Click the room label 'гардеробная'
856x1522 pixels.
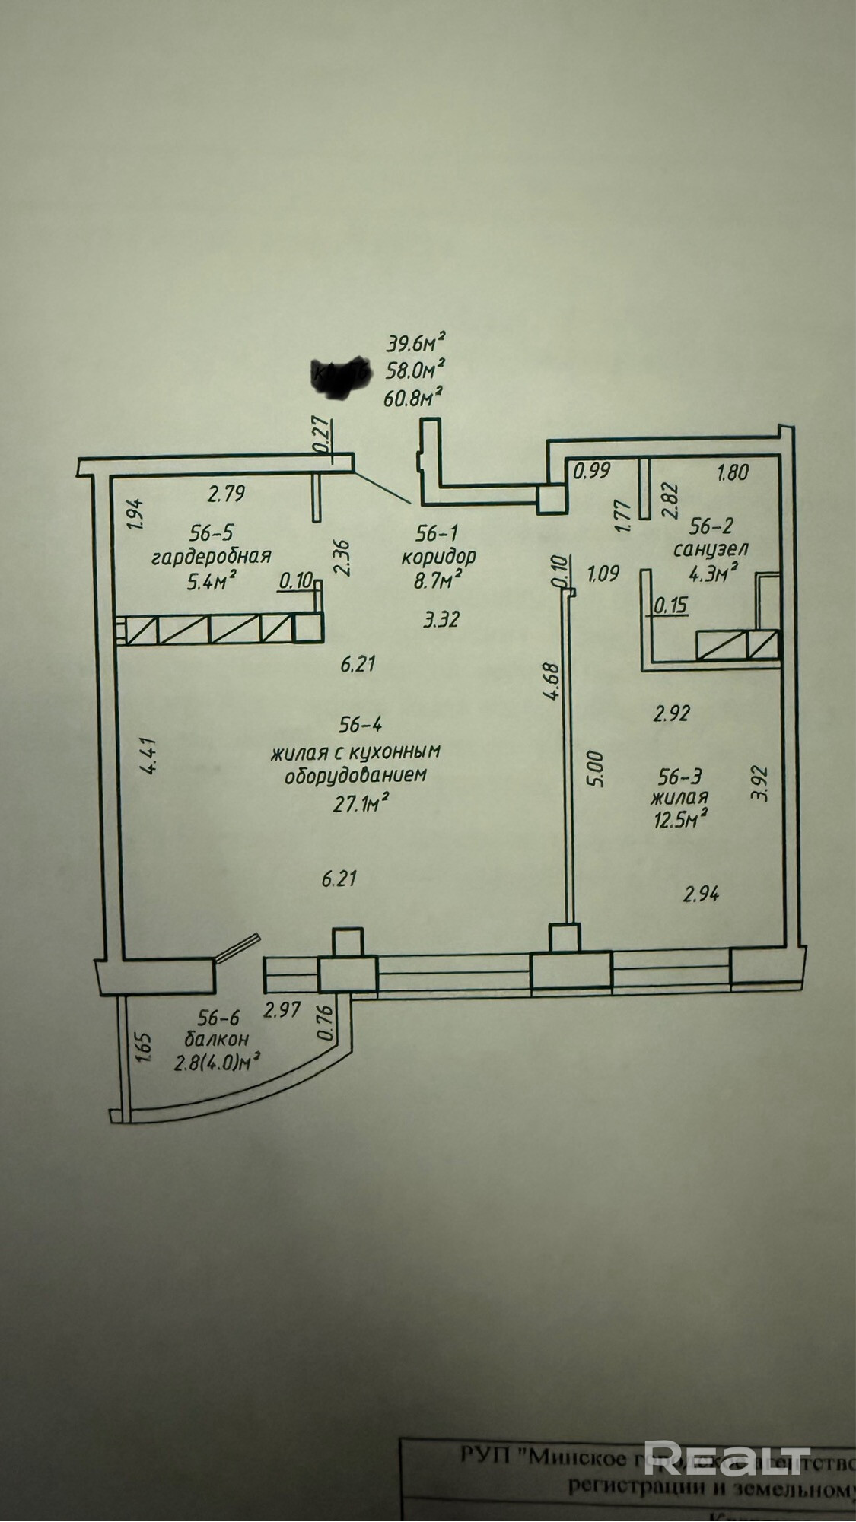(x=212, y=555)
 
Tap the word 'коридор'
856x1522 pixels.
(x=438, y=555)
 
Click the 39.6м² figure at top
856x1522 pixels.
(x=415, y=343)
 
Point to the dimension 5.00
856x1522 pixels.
(x=597, y=769)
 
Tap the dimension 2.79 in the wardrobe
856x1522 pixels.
(x=226, y=494)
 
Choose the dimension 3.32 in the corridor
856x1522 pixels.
(x=441, y=619)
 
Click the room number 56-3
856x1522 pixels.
(x=679, y=776)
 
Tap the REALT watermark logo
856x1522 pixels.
(x=727, y=1435)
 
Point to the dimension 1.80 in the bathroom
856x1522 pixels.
(x=733, y=472)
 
